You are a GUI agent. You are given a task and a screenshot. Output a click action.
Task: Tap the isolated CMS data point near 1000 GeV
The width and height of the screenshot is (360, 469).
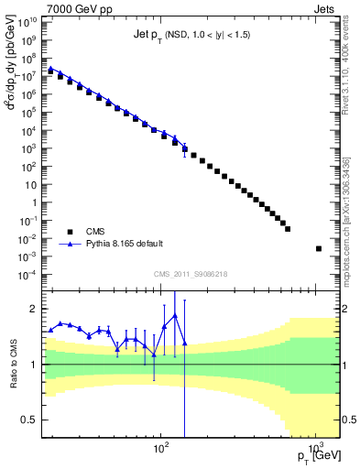(x=318, y=248)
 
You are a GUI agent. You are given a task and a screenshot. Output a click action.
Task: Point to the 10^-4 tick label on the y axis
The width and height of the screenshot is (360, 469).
(x=28, y=275)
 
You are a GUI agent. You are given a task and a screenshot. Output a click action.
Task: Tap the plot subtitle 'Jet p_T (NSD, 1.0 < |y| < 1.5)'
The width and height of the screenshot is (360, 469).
(x=187, y=34)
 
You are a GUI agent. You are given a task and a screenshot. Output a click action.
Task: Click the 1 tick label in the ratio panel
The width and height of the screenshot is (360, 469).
(x=35, y=365)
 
